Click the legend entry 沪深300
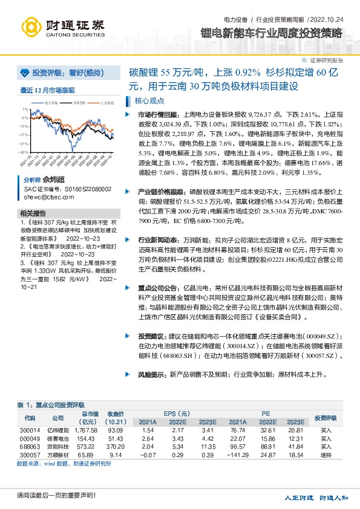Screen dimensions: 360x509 point(78,103)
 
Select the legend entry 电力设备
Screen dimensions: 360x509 point(53,103)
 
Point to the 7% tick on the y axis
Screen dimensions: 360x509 point(25,109)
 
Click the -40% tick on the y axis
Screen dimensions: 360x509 point(24,152)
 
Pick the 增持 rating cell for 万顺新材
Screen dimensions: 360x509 point(326,453)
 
